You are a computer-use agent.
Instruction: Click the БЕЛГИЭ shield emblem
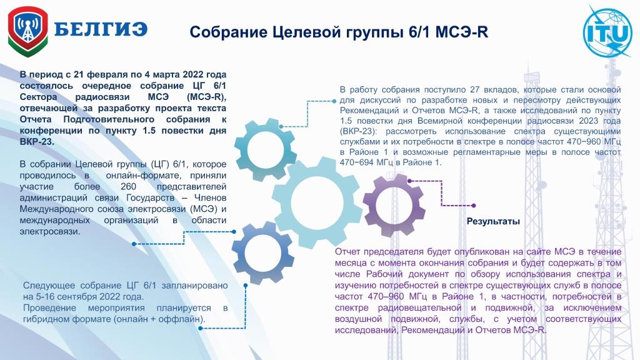[x=27, y=31]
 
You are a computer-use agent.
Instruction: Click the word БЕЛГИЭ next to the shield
[x=101, y=29]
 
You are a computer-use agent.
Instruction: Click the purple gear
[x=394, y=205]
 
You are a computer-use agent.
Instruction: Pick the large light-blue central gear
[x=317, y=202]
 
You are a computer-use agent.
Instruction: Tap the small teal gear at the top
[x=265, y=149]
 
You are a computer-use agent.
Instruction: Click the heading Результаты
[x=493, y=222]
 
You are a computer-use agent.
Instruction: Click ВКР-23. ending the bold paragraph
[x=37, y=142]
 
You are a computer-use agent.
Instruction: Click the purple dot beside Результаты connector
[x=474, y=206]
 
